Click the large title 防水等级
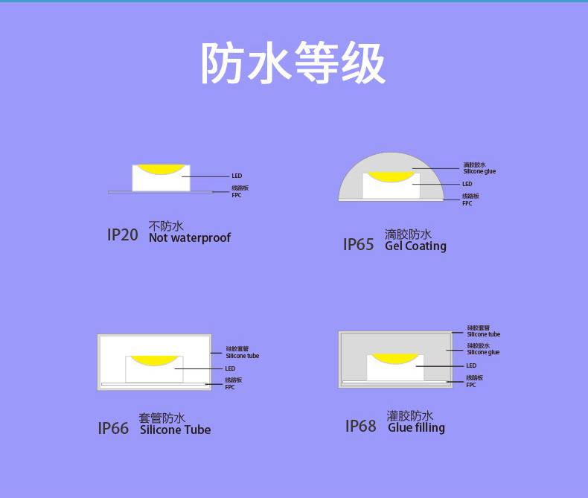click(293, 63)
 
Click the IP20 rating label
click(123, 234)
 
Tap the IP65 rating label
click(359, 244)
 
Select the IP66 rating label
click(113, 428)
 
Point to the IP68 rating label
click(361, 426)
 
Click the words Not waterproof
click(190, 237)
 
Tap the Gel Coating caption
click(415, 246)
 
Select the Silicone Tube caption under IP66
click(176, 430)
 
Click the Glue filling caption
click(416, 427)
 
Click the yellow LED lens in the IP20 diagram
click(161, 170)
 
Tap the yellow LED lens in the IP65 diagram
click(391, 177)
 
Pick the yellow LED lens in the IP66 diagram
click(154, 361)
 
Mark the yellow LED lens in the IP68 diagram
click(395, 359)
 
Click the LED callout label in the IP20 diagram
click(237, 176)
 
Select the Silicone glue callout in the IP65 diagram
click(479, 171)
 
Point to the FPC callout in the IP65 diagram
click(467, 203)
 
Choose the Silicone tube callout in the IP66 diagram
click(242, 356)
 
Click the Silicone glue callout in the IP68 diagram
click(483, 352)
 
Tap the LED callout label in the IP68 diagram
click(471, 365)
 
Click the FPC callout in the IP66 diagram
click(230, 387)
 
